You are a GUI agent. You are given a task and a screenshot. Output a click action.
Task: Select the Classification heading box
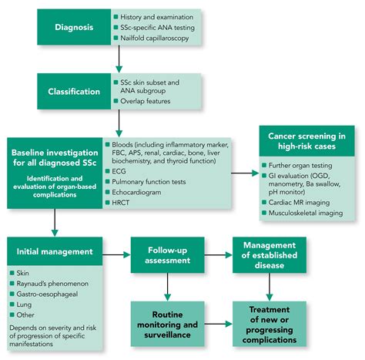coord(72,92)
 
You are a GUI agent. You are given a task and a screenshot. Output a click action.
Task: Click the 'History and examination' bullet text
coord(157,15)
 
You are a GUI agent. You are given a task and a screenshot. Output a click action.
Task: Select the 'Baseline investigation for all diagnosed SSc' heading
coord(53,148)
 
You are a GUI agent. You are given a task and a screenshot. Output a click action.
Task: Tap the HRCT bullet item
coord(122,202)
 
